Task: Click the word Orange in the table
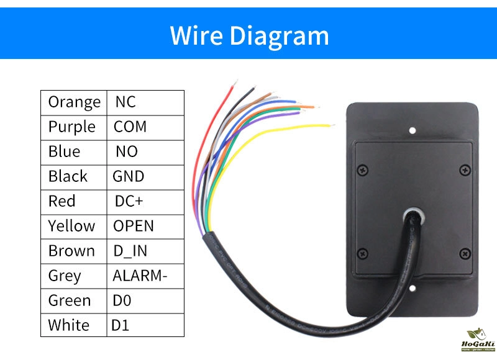tap(74, 102)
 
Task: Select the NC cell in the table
tap(125, 102)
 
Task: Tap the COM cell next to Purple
tap(130, 127)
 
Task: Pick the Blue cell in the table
tap(65, 151)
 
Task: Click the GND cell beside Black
tap(128, 176)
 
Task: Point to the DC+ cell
tap(129, 201)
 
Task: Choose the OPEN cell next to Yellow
tap(133, 226)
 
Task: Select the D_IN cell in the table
tap(130, 251)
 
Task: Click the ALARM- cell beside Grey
tap(140, 276)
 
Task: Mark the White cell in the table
tap(68, 325)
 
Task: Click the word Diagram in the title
tap(279, 35)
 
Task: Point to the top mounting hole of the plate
tap(412, 130)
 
